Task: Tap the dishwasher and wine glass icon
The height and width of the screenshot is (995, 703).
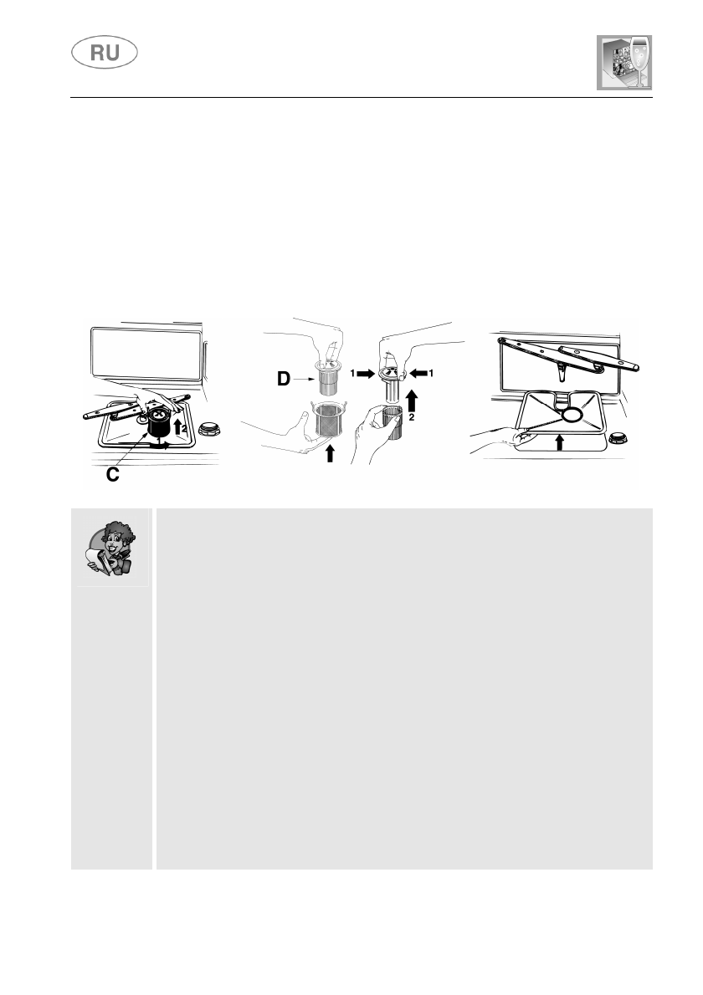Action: coord(623,64)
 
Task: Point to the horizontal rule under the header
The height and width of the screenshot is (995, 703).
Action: coord(360,97)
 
